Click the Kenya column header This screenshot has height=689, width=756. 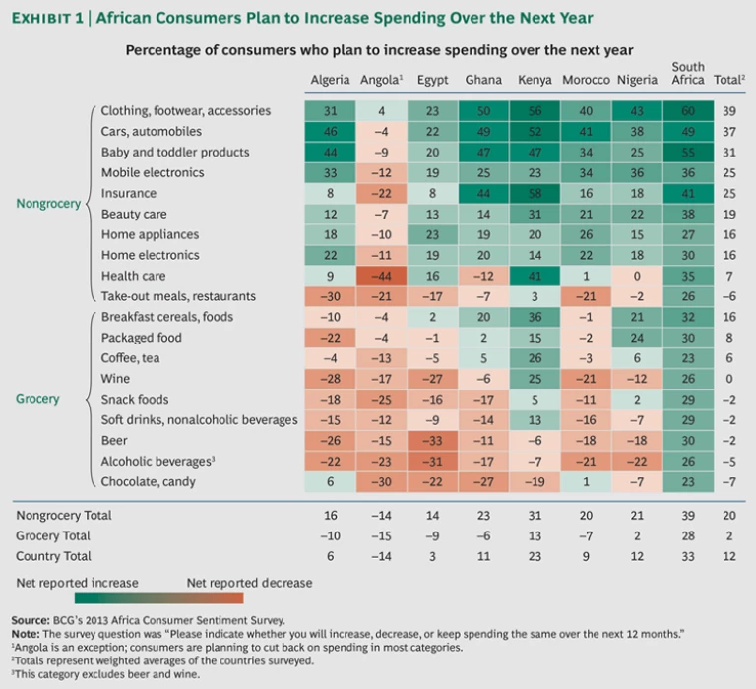(x=535, y=80)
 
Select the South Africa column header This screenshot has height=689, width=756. (x=688, y=73)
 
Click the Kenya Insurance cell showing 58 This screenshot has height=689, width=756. (x=535, y=194)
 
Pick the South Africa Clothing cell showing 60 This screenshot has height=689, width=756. (x=688, y=111)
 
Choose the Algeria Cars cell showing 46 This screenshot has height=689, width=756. (x=331, y=132)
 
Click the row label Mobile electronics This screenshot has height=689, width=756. (x=153, y=173)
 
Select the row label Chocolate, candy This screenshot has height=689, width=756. (x=148, y=481)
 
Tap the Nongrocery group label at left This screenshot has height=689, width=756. (x=49, y=204)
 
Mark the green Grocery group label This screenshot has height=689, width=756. (x=37, y=399)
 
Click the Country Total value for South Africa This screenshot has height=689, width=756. (x=688, y=556)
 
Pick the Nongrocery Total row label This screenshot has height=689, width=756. (x=65, y=515)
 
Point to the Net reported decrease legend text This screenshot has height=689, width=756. (x=249, y=583)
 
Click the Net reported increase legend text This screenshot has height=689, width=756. (x=78, y=583)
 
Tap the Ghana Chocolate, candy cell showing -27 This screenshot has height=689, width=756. (x=483, y=481)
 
